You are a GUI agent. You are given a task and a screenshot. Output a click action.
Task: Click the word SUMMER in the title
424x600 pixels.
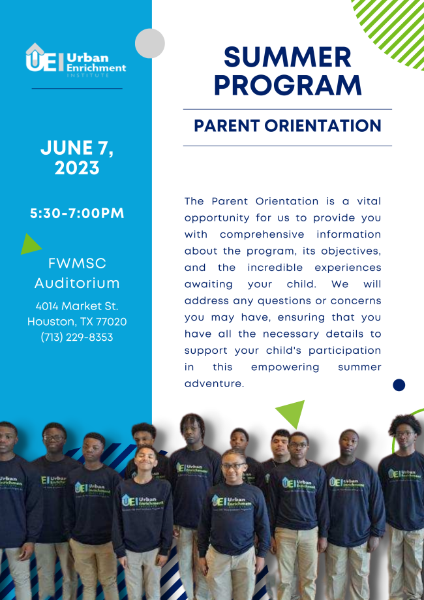point(287,57)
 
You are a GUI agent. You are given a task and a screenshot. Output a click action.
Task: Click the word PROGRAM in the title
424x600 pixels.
point(287,86)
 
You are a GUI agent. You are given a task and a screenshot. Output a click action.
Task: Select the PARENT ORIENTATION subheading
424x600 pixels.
point(287,126)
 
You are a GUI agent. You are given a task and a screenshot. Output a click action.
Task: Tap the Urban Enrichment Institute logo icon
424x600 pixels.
point(44,58)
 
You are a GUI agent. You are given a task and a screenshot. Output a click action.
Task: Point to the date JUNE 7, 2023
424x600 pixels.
point(76,158)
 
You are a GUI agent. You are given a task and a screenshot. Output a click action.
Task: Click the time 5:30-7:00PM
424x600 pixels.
point(76,213)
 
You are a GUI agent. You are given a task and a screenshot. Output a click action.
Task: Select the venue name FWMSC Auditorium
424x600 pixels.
point(76,274)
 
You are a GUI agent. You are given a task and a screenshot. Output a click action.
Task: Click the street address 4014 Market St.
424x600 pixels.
point(76,306)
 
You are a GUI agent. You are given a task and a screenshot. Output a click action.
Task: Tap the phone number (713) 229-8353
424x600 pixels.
point(76,338)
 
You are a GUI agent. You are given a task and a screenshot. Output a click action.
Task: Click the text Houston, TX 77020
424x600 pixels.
point(76,321)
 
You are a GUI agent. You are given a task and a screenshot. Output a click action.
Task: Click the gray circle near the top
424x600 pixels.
point(150,44)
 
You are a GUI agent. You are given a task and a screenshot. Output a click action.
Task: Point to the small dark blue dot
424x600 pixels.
point(399,385)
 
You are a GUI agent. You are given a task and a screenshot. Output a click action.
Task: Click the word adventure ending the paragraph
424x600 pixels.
point(213,384)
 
